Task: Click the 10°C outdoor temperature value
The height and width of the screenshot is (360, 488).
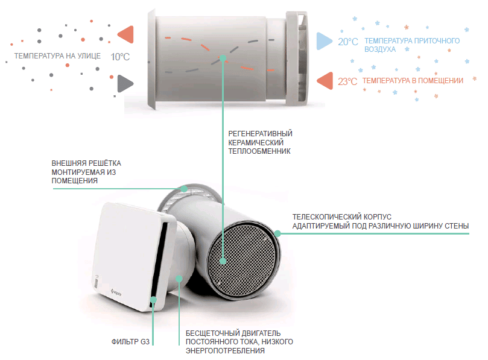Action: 120,56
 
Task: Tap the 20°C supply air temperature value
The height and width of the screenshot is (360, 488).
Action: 348,42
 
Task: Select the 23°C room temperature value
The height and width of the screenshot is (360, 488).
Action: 347,81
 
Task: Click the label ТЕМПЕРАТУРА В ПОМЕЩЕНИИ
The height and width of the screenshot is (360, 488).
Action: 413,81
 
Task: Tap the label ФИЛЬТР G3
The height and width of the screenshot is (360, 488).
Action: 130,342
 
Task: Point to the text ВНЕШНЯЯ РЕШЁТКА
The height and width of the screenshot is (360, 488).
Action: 86,163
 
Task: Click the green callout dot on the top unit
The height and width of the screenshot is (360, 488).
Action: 223,58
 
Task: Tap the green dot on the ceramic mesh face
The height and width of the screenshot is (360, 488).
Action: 223,261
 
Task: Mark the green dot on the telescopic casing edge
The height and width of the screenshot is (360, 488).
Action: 278,233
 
